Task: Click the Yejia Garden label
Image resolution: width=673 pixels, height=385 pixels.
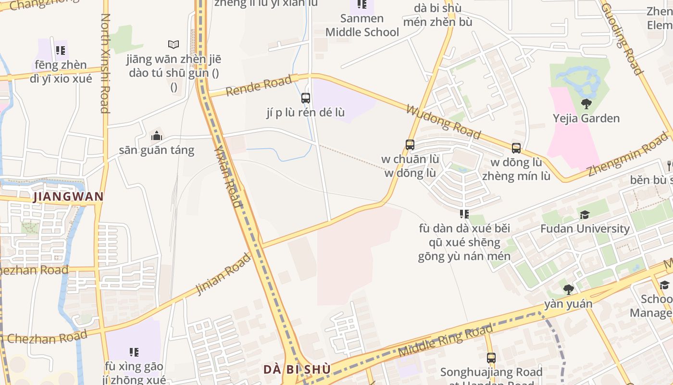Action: click(x=586, y=118)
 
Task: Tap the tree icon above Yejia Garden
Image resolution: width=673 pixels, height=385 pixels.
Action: click(x=586, y=103)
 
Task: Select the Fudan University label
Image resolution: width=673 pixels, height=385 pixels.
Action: click(x=585, y=229)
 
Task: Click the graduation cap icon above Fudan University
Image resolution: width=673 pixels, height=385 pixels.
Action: click(x=585, y=215)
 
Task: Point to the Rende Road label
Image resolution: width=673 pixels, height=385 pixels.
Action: click(x=259, y=85)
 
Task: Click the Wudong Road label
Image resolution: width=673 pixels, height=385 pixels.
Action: click(x=443, y=121)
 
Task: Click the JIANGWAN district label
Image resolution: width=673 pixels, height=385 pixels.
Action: click(x=68, y=196)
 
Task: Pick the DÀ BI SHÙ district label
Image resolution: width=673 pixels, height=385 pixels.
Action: click(x=297, y=370)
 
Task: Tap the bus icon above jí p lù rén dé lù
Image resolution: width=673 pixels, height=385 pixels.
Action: click(x=306, y=98)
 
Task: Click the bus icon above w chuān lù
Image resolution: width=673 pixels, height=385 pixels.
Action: click(x=410, y=144)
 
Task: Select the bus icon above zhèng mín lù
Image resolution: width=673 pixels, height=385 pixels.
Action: click(x=516, y=148)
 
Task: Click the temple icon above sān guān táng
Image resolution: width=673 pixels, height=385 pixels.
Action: click(x=156, y=136)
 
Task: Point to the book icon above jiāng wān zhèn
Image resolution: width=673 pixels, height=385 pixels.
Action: click(x=174, y=45)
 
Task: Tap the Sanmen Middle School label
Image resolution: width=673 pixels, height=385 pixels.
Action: click(x=362, y=26)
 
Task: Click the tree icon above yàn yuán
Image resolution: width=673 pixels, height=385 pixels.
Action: click(x=568, y=290)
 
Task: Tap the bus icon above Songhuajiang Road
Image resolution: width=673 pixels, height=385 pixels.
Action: click(x=491, y=358)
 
